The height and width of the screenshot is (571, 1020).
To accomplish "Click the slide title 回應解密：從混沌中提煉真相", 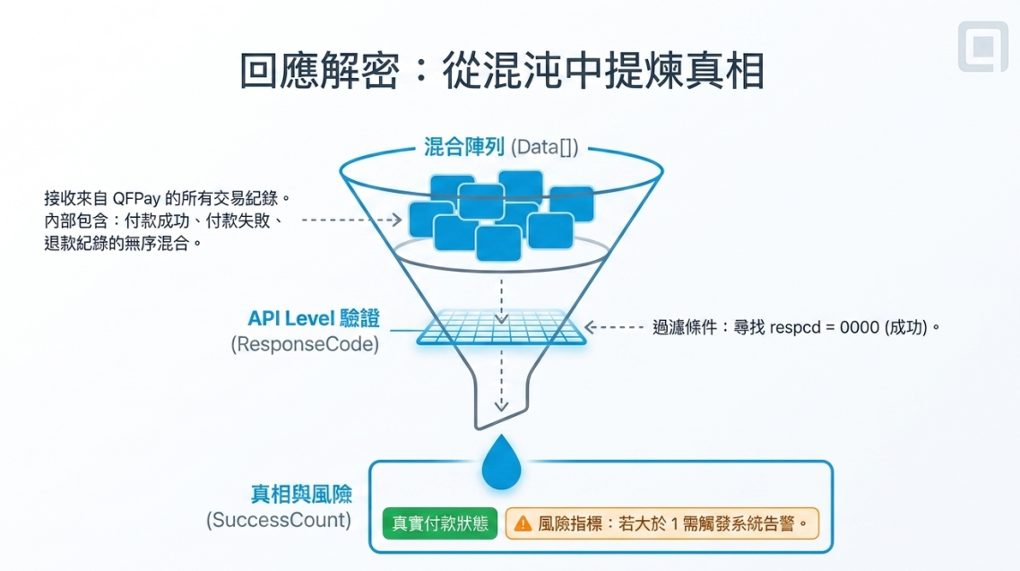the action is click(x=502, y=70).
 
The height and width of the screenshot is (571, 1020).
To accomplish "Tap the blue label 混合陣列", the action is click(x=463, y=147).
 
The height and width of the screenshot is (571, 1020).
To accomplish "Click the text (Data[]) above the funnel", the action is click(x=544, y=148).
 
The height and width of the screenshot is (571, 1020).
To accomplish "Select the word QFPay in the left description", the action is click(x=136, y=198).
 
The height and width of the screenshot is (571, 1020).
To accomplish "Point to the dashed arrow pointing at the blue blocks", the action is click(x=352, y=220).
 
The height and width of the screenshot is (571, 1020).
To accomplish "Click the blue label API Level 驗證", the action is click(x=314, y=319).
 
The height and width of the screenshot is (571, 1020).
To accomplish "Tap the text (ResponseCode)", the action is click(x=305, y=344).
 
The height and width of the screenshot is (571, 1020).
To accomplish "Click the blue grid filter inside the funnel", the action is click(x=501, y=326).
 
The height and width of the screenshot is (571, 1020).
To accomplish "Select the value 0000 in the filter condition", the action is click(x=860, y=327).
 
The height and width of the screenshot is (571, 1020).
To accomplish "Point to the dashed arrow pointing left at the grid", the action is click(x=614, y=327).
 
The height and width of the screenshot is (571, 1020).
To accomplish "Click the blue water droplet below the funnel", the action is click(x=501, y=462).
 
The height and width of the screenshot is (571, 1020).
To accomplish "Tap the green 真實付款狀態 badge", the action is click(x=440, y=523).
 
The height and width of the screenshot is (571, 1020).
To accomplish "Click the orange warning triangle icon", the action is click(x=523, y=523).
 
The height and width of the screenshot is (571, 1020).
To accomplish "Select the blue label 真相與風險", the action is click(x=301, y=494).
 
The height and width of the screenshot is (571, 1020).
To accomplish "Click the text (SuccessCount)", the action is click(x=279, y=520).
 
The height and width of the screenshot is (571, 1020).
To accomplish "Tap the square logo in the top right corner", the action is click(x=983, y=47).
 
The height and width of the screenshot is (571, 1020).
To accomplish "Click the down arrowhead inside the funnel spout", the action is click(x=501, y=406).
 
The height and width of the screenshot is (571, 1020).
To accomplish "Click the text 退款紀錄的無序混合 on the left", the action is click(x=117, y=243).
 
